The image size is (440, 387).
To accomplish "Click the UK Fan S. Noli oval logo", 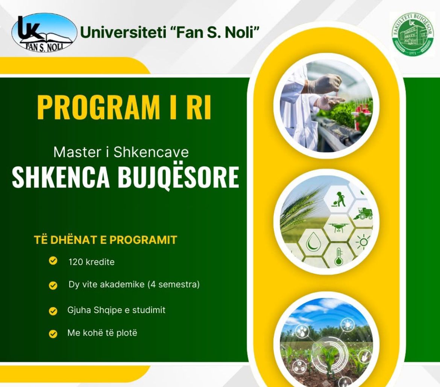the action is click(x=44, y=33).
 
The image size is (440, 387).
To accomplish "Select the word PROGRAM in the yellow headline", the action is click(x=98, y=107).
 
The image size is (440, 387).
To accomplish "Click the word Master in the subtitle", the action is click(x=77, y=152).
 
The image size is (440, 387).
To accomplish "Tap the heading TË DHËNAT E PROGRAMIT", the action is click(x=106, y=240).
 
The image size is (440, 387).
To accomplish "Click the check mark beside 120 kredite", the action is click(x=53, y=260).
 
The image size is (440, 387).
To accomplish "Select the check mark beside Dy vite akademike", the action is click(x=53, y=285).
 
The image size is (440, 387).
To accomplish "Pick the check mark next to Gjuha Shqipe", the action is click(x=53, y=311).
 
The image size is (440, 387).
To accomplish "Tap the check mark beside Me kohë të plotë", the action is click(x=53, y=334).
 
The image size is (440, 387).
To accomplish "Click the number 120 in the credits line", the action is click(x=76, y=262).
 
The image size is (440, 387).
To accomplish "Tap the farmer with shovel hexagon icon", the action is click(x=338, y=199).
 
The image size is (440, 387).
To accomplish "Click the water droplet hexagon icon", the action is click(x=311, y=242).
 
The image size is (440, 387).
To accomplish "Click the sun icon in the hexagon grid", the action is click(x=363, y=242).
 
